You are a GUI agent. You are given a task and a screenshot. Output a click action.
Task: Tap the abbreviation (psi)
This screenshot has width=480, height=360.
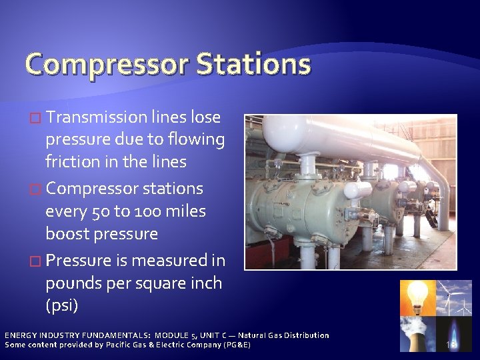[x=61, y=306]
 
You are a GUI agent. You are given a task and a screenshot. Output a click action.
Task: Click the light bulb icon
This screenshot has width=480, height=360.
[x=417, y=297]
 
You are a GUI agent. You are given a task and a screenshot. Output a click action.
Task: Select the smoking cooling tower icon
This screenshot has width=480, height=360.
[x=417, y=334]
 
